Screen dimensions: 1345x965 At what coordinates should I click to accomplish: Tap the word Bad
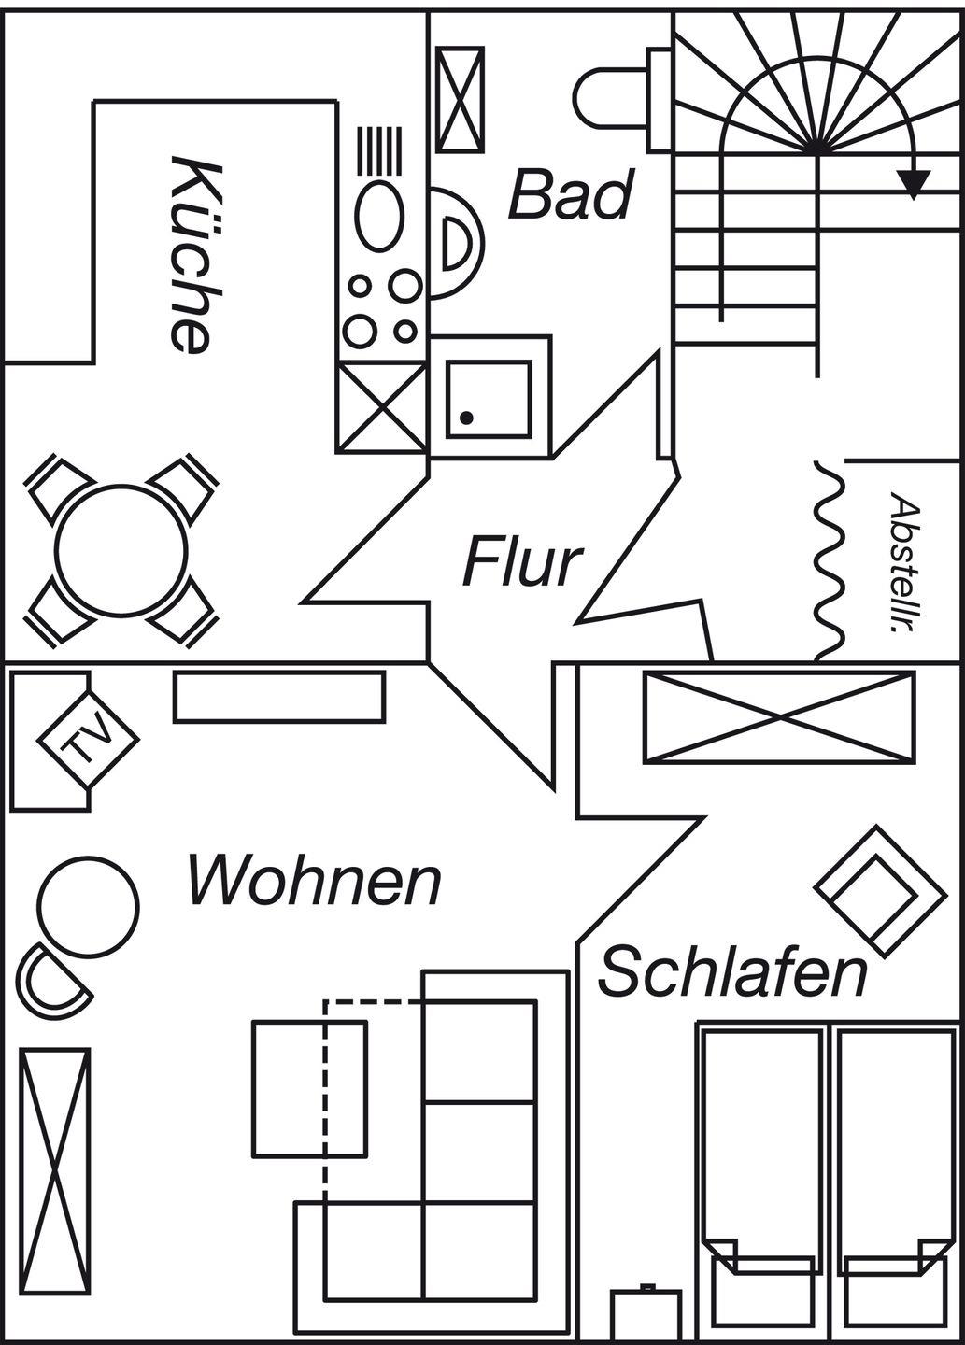pos(570,195)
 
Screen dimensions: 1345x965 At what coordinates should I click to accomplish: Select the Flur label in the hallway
pos(522,562)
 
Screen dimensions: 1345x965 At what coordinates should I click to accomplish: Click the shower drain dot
pos(467,418)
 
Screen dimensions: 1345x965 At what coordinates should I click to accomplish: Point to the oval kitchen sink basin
pos(380,216)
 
